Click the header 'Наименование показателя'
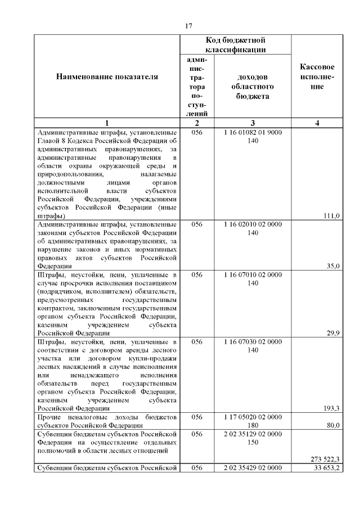click(107, 76)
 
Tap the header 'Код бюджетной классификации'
click(236, 44)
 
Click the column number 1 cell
click(107, 123)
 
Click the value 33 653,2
click(327, 468)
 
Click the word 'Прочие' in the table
click(49, 417)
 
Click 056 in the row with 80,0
click(197, 417)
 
